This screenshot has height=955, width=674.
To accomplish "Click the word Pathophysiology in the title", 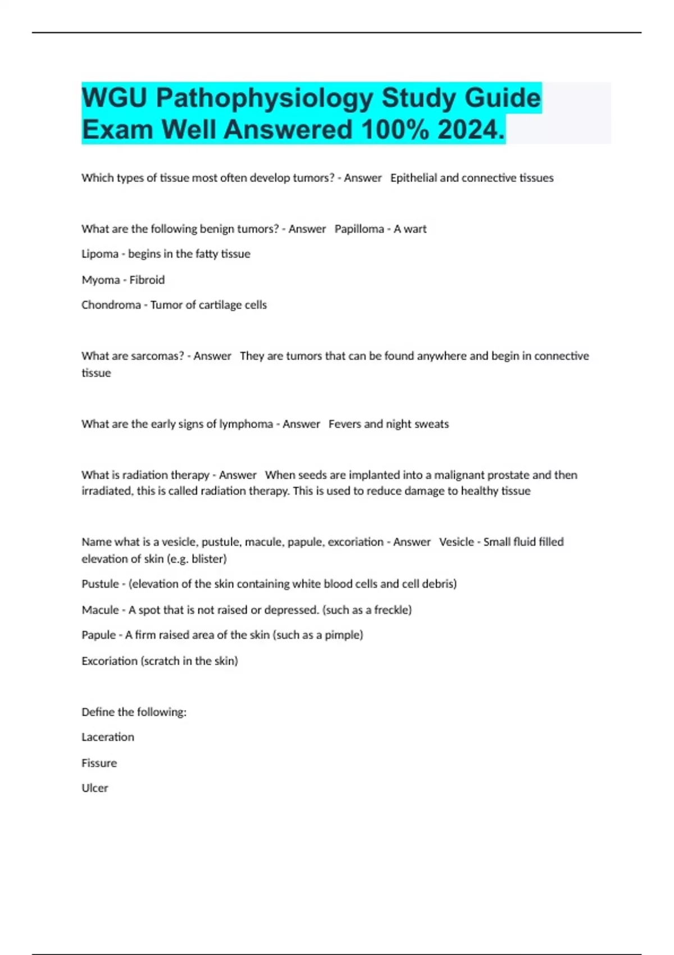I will pyautogui.click(x=265, y=98).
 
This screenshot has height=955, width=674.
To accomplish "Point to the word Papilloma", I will pyautogui.click(x=359, y=229).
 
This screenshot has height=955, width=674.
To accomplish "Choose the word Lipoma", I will pyautogui.click(x=99, y=254).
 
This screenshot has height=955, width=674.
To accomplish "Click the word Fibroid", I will pyautogui.click(x=147, y=280).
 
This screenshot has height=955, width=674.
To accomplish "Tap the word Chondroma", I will pyautogui.click(x=111, y=305).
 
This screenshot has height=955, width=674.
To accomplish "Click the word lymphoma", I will pyautogui.click(x=246, y=424).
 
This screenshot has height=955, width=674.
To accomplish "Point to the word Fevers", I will pyautogui.click(x=344, y=424).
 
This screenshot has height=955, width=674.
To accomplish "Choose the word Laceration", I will pyautogui.click(x=108, y=737).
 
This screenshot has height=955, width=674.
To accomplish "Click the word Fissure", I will pyautogui.click(x=99, y=763).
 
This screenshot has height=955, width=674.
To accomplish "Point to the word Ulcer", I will pyautogui.click(x=95, y=788).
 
